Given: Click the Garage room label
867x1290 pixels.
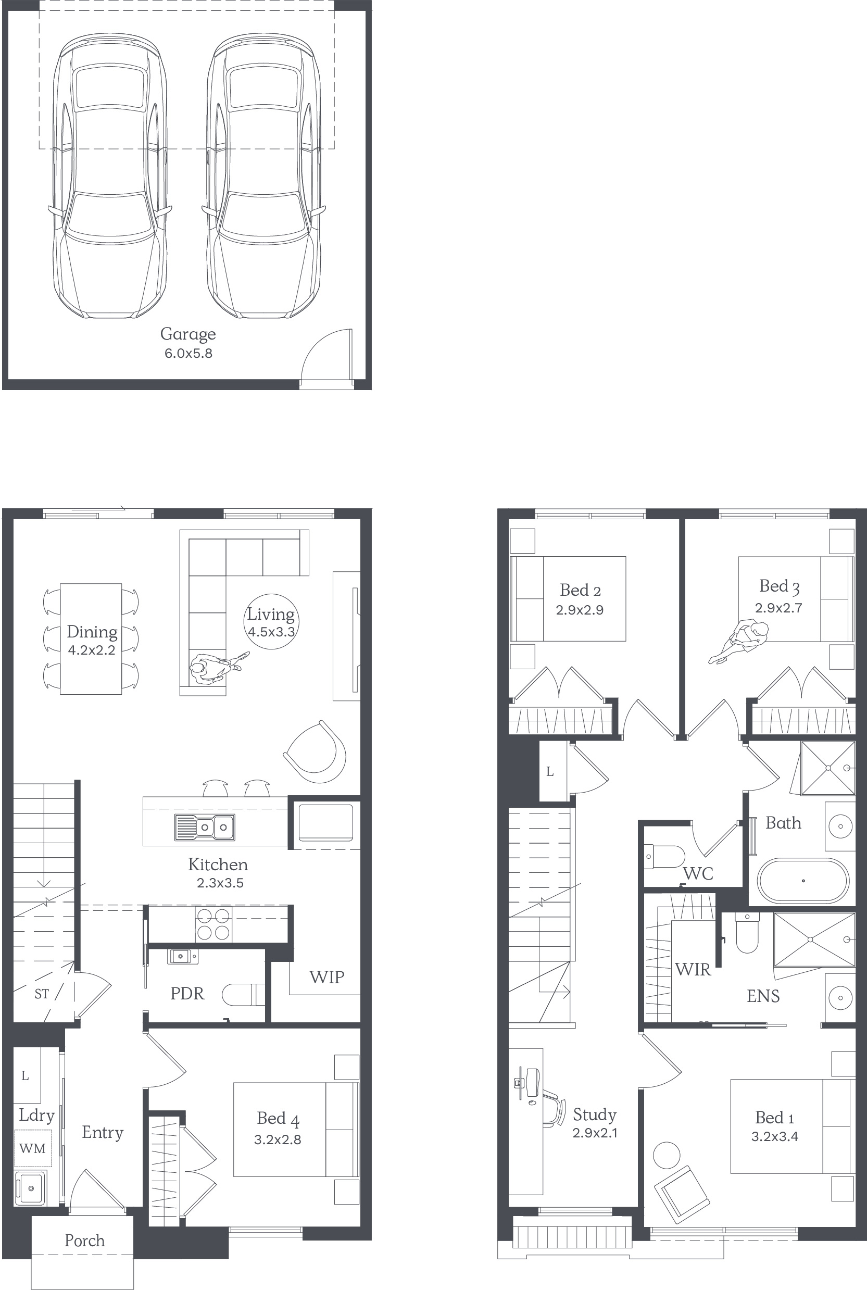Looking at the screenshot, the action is [188, 334].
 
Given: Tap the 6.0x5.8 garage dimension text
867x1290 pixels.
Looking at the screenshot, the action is [188, 353].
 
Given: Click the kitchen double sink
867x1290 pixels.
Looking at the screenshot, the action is [205, 827].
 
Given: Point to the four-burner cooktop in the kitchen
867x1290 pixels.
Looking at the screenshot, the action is [213, 924].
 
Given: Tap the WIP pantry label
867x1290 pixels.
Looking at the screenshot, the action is [327, 977].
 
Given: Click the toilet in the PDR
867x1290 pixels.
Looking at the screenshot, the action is [243, 995].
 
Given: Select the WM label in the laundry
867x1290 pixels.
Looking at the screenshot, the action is [33, 1148].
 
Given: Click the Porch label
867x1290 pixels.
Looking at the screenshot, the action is [84, 1240].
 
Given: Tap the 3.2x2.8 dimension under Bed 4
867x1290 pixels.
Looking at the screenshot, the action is [278, 1139].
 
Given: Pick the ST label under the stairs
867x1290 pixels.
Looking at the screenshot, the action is [42, 994].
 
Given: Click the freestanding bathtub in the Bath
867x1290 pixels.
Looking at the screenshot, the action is [802, 881].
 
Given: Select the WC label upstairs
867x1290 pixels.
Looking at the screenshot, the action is [698, 874].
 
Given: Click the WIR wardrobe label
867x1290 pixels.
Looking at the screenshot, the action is [693, 969].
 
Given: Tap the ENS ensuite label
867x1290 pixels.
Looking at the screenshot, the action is [763, 996].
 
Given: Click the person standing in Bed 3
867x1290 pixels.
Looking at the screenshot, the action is [739, 643].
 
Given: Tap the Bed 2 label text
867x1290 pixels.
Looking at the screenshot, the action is [580, 591].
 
